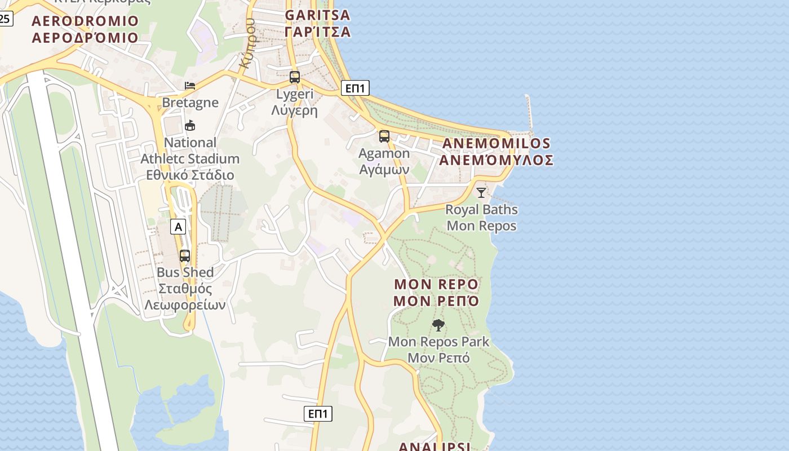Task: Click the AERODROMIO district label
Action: pyautogui.click(x=85, y=29)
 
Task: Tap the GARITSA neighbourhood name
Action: pyautogui.click(x=317, y=23)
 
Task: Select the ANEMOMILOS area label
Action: pyautogui.click(x=496, y=152)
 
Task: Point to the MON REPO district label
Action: pyautogui.click(x=436, y=292)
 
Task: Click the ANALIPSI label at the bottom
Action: pyautogui.click(x=435, y=446)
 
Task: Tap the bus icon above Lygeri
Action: pyautogui.click(x=295, y=77)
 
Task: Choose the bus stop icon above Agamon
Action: pyautogui.click(x=384, y=136)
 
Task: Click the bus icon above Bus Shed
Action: pyautogui.click(x=185, y=256)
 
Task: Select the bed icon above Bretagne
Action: pyautogui.click(x=190, y=86)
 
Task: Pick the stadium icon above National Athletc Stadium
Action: pyautogui.click(x=190, y=125)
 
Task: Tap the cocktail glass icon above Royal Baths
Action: pyautogui.click(x=481, y=193)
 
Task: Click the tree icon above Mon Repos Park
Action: pyautogui.click(x=438, y=325)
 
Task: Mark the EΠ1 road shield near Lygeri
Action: pyautogui.click(x=355, y=88)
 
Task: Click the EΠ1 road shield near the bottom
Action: pyautogui.click(x=318, y=414)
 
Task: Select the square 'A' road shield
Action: pyautogui.click(x=178, y=227)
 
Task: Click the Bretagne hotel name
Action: pyautogui.click(x=190, y=103)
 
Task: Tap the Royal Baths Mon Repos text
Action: pyautogui.click(x=481, y=218)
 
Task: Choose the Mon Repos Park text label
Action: pyautogui.click(x=438, y=350)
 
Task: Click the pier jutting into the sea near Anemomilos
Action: pyautogui.click(x=529, y=113)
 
